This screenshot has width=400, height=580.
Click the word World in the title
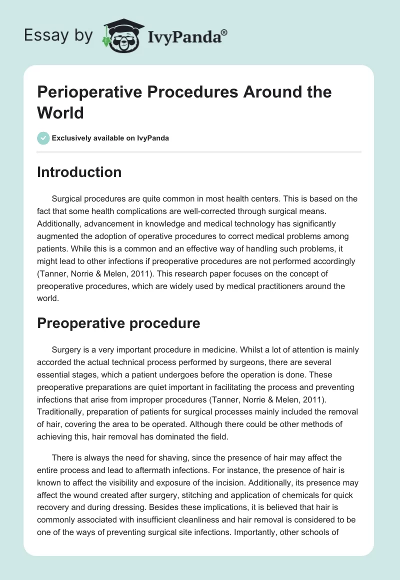pyautogui.click(x=60, y=112)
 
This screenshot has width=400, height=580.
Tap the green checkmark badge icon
pyautogui.click(x=43, y=138)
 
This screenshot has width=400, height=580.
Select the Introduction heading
pyautogui.click(x=79, y=172)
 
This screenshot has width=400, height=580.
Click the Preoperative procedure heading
pyautogui.click(x=119, y=323)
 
